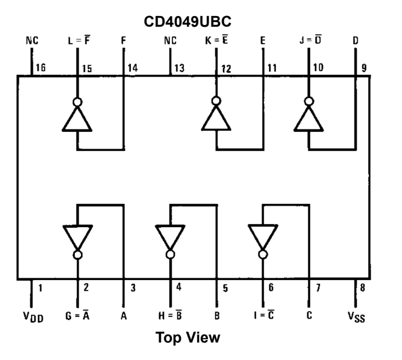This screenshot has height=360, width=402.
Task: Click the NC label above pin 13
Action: point(170,41)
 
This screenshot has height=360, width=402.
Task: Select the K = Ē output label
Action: point(217,41)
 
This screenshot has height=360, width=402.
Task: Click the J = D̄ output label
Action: point(310,41)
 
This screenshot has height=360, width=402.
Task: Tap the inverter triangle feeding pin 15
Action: point(77,119)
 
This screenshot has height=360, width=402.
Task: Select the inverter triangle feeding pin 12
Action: point(217,119)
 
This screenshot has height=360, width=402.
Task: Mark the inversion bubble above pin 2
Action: point(78,255)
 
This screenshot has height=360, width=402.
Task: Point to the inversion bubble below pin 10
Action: point(309,101)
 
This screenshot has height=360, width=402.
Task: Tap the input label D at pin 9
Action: point(355,41)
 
